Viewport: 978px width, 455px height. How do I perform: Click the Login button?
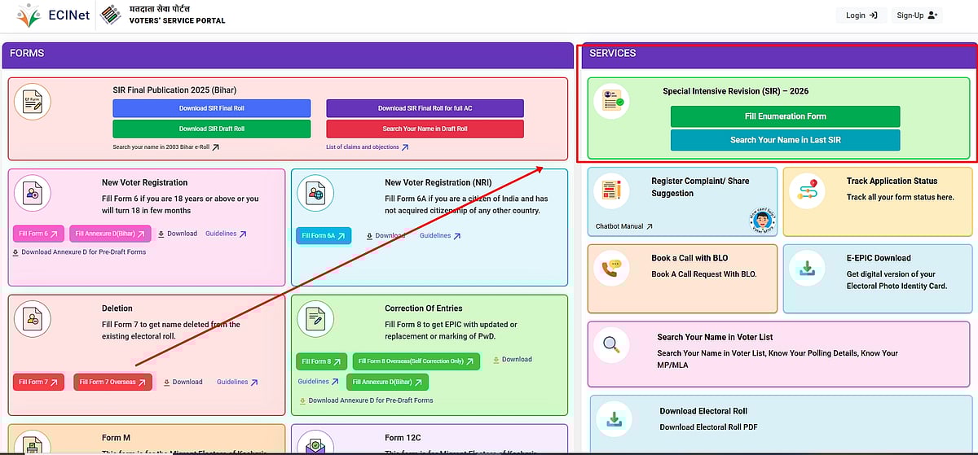click(x=861, y=15)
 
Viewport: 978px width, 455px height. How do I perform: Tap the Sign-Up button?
click(x=917, y=15)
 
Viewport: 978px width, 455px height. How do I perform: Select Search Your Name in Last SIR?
click(x=785, y=140)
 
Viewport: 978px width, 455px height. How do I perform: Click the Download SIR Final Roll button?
click(x=211, y=108)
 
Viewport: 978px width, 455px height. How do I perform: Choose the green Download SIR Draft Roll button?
click(x=211, y=129)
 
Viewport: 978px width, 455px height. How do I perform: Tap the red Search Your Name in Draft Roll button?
click(x=425, y=129)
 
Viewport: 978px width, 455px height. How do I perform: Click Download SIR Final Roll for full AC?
click(x=425, y=108)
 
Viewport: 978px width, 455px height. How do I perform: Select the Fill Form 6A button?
click(x=323, y=236)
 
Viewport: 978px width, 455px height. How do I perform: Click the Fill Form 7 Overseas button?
click(x=112, y=382)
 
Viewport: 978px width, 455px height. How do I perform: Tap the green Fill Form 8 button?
click(x=321, y=361)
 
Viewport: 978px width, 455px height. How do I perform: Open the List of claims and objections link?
click(x=367, y=147)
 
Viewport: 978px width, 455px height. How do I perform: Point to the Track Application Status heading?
click(x=892, y=181)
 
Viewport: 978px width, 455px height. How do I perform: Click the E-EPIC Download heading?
click(x=879, y=258)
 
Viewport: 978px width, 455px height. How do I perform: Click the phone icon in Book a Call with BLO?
click(x=611, y=268)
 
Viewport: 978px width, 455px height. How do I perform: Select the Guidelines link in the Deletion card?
click(x=236, y=382)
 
